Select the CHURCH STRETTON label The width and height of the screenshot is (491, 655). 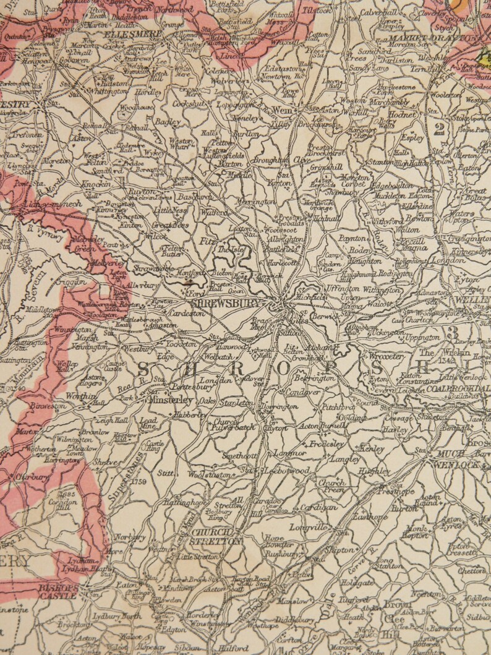(x=216, y=536)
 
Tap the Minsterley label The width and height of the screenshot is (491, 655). (x=171, y=400)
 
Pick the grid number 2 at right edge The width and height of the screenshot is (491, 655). (x=440, y=129)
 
